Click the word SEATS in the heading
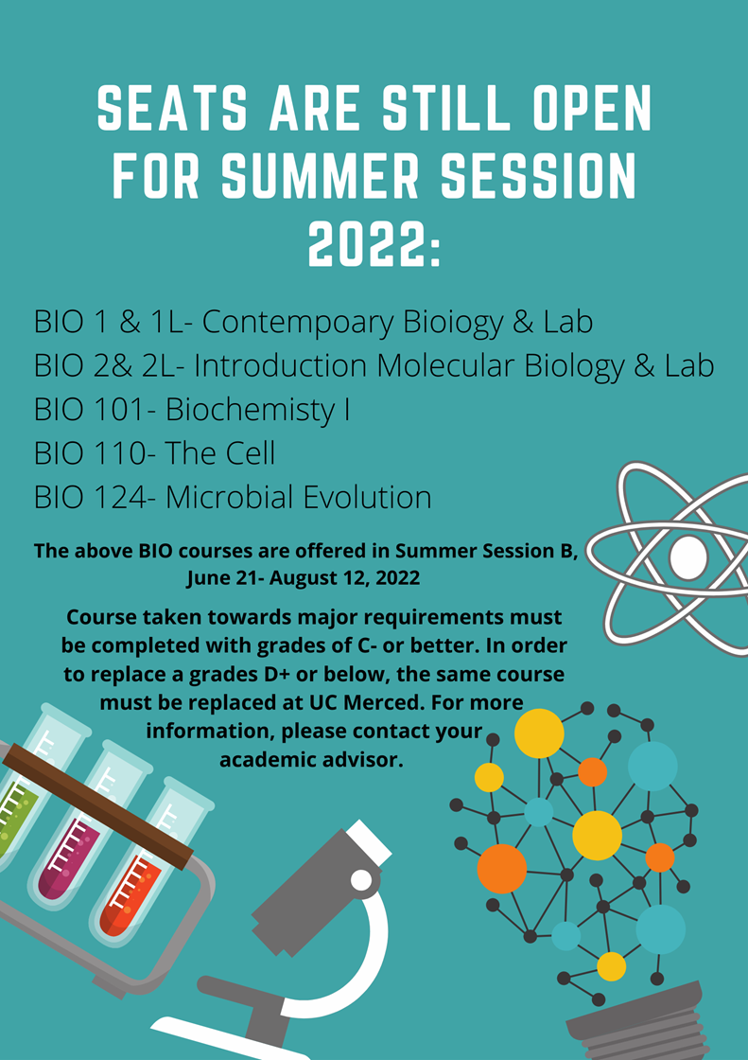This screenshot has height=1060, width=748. tap(171, 109)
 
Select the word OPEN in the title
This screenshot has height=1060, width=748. tap(592, 109)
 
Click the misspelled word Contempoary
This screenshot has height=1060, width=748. tap(298, 323)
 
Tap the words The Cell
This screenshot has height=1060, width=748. tap(220, 453)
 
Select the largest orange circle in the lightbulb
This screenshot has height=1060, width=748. tap(502, 869)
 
